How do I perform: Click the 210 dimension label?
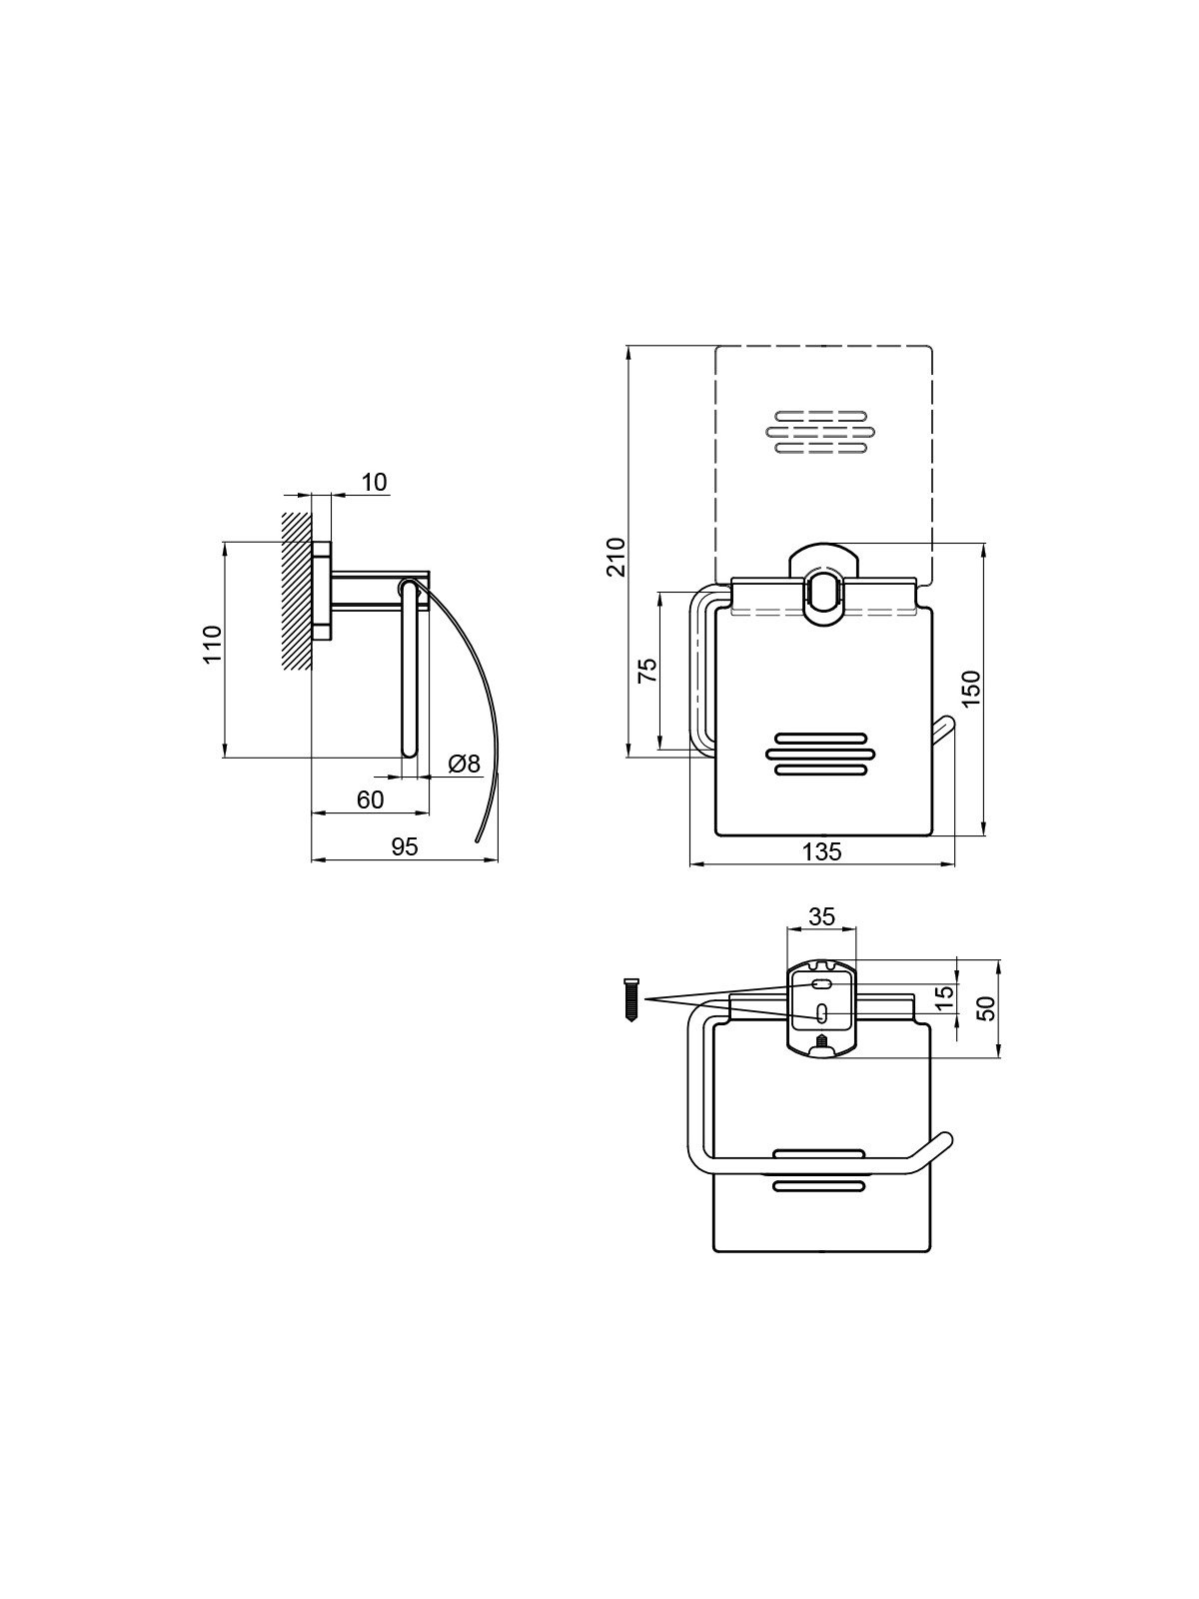pyautogui.click(x=616, y=558)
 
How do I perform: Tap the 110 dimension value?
pyautogui.click(x=212, y=644)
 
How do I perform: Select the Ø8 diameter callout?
pyautogui.click(x=465, y=764)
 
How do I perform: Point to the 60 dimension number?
pyautogui.click(x=370, y=799)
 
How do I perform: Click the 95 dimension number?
pyautogui.click(x=405, y=846)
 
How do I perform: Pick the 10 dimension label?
pyautogui.click(x=374, y=483)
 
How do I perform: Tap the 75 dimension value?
pyautogui.click(x=647, y=670)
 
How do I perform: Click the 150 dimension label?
pyautogui.click(x=971, y=688)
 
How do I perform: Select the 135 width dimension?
pyautogui.click(x=822, y=850)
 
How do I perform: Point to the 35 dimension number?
pyautogui.click(x=822, y=916)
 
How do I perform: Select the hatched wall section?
pyautogui.click(x=297, y=591)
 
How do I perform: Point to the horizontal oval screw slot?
pyautogui.click(x=822, y=985)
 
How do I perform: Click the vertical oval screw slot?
pyautogui.click(x=822, y=1014)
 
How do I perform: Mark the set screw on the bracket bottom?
pyautogui.click(x=822, y=1041)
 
